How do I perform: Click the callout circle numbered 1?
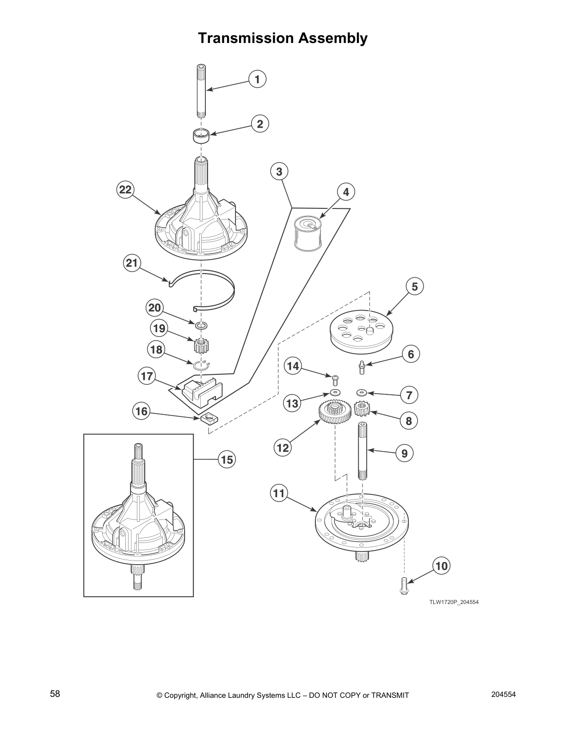[x=258, y=79]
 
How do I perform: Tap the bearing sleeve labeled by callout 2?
[x=201, y=136]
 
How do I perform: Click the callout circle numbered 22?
[x=125, y=190]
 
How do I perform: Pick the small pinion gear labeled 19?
[x=200, y=345]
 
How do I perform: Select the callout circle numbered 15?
[x=227, y=460]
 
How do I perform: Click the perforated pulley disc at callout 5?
[x=361, y=330]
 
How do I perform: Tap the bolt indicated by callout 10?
[x=403, y=586]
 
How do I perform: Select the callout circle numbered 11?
[x=279, y=493]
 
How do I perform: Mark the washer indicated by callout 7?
[x=361, y=392]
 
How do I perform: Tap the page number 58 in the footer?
[x=55, y=694]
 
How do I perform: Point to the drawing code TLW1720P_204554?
[x=453, y=602]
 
